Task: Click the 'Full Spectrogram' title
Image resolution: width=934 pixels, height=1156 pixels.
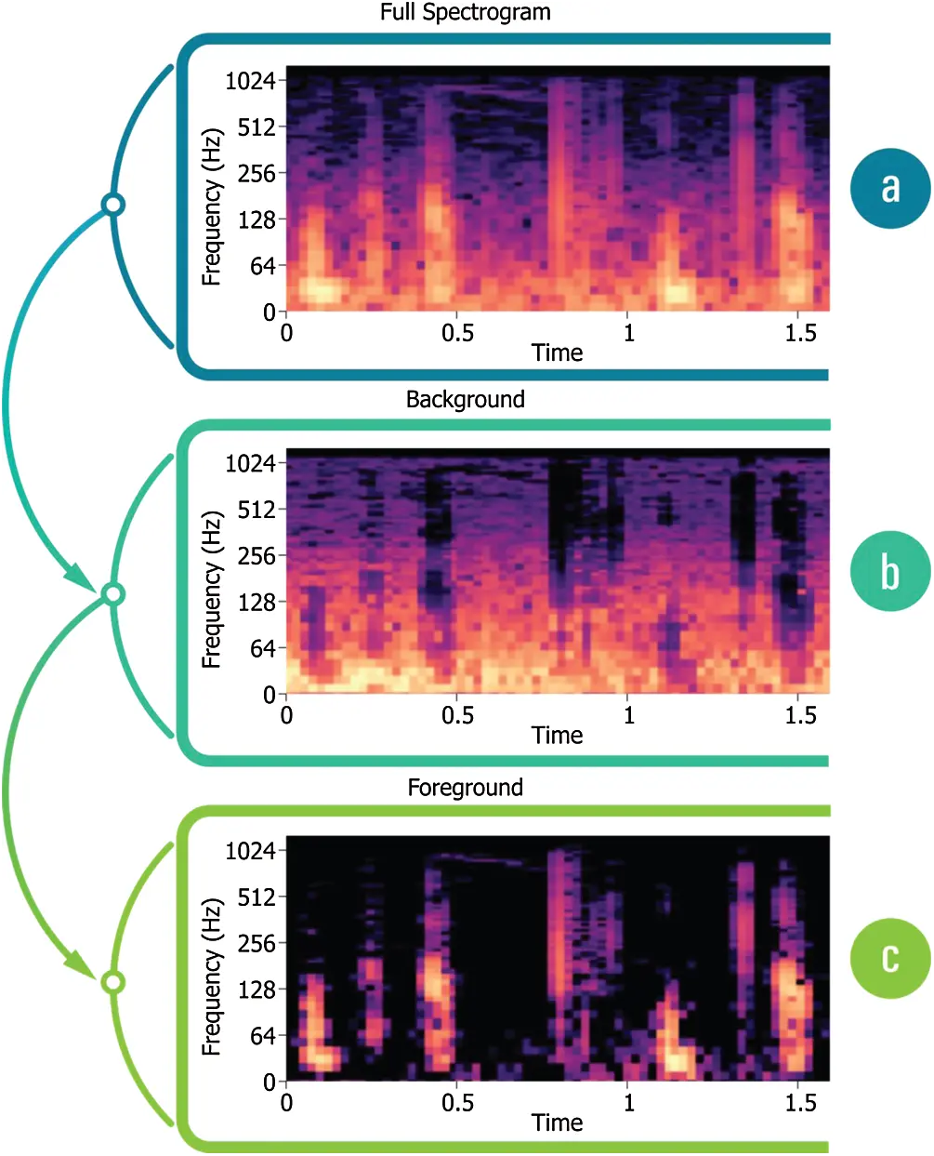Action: (465, 12)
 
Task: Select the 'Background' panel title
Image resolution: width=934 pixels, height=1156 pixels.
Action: (465, 399)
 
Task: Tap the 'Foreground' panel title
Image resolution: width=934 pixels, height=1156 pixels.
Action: (465, 788)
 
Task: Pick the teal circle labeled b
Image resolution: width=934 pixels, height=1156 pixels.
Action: (889, 571)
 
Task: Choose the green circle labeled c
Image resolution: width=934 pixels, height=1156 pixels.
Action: (889, 959)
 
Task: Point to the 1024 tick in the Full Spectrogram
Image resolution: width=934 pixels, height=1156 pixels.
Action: (250, 81)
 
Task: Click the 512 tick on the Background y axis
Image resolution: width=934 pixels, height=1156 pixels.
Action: (257, 510)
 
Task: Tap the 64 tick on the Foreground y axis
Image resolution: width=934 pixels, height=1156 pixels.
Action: (262, 1036)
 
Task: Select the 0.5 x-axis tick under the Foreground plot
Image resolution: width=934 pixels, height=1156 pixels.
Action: (457, 1103)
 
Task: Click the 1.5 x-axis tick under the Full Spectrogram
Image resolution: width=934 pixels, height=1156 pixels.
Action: (800, 333)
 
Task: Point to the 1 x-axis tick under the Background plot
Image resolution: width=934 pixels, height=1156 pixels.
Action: (628, 715)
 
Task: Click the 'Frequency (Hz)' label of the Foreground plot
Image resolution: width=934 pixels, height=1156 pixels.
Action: (212, 977)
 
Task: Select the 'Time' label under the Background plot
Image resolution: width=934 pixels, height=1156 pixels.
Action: (557, 736)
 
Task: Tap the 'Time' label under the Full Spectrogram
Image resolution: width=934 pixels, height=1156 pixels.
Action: (557, 352)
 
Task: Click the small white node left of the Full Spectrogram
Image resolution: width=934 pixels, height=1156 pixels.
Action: (112, 204)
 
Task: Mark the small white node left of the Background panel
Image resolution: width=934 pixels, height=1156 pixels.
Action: (112, 593)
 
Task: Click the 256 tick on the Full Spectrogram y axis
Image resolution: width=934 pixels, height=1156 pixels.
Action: (257, 173)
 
